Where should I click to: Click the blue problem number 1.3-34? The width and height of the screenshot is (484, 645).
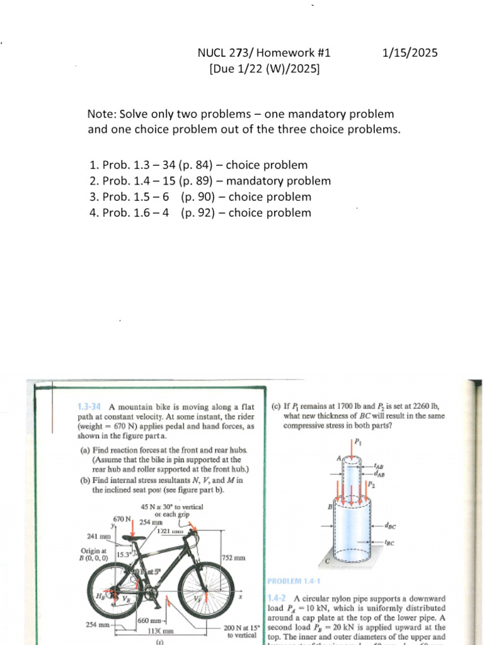pos(90,407)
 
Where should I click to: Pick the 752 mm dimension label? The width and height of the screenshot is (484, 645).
pos(235,558)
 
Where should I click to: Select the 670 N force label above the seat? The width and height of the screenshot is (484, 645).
pos(122,520)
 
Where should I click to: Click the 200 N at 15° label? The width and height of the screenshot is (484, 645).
pos(241,629)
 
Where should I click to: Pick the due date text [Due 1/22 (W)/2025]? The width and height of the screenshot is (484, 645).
pos(264,68)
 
